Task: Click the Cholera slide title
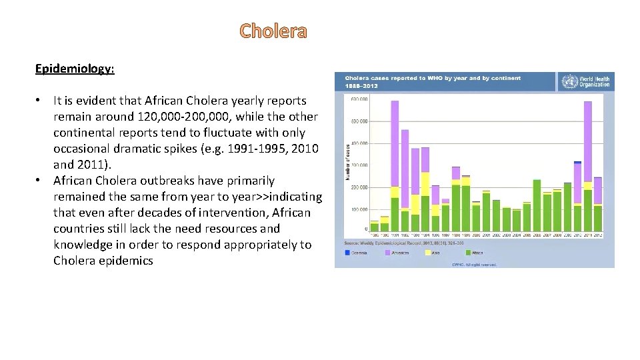click(x=273, y=31)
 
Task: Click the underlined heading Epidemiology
click(x=75, y=69)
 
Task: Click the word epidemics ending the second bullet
click(x=127, y=261)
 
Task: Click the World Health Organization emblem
click(x=569, y=82)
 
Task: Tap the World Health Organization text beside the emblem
click(x=594, y=82)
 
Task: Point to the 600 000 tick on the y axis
click(x=358, y=99)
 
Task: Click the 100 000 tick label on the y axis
click(x=358, y=209)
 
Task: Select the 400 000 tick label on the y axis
click(x=358, y=143)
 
